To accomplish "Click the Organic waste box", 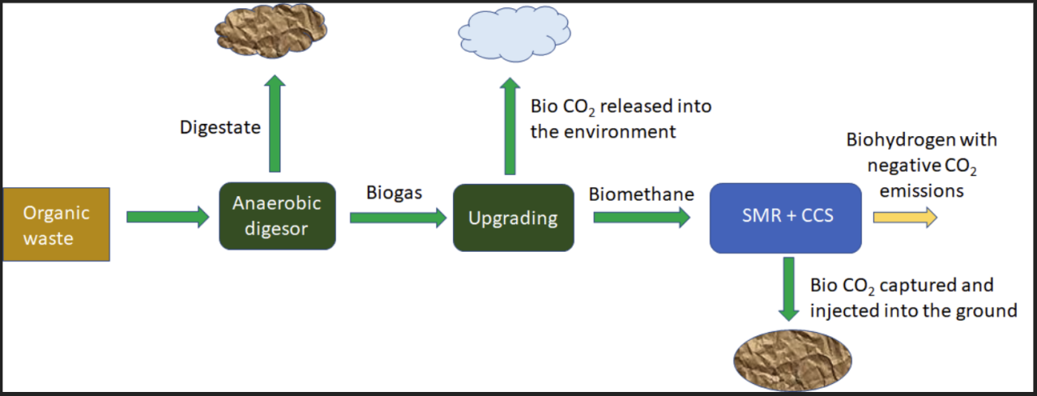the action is coord(57,224).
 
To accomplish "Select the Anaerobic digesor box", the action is coord(277,216).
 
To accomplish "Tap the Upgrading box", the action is coord(514,218).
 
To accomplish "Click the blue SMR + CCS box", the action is coord(786,218).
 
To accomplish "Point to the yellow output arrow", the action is coord(905,217).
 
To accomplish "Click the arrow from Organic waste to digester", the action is coord(168,217).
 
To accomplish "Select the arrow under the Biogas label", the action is coord(398,218).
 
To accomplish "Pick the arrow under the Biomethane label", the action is coord(642,217).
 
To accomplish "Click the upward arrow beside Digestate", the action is coord(275,124).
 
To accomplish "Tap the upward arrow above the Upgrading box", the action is coord(510,126).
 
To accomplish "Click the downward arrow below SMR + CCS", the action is coord(788,289).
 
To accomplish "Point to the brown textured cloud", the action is coord(271,30).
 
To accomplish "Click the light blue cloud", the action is coord(514,34).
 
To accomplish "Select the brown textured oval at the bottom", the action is coord(792,360).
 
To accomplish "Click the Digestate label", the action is coord(220,128).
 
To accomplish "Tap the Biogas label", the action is coord(394,194).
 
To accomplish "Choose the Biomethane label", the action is coord(641,194).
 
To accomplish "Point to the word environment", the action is coord(620,132).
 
